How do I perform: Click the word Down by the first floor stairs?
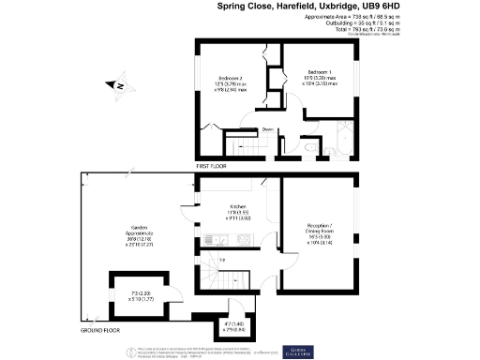pos(268,129)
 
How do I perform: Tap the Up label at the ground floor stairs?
pos(222,260)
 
